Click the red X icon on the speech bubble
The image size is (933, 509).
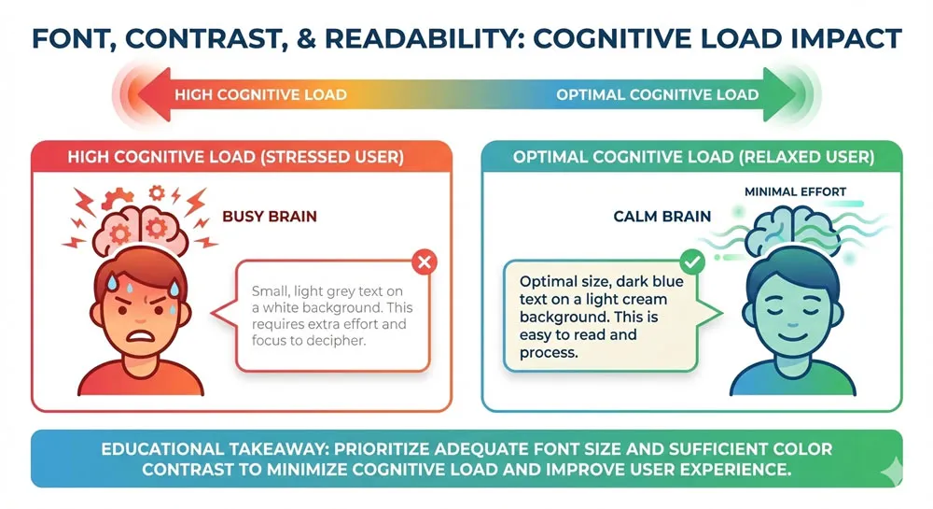pos(424,263)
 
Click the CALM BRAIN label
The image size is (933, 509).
pos(661,216)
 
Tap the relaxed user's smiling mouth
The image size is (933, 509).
pos(781,329)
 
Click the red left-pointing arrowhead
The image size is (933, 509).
pos(140,94)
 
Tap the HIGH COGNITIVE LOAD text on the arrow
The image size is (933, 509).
pos(260,94)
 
